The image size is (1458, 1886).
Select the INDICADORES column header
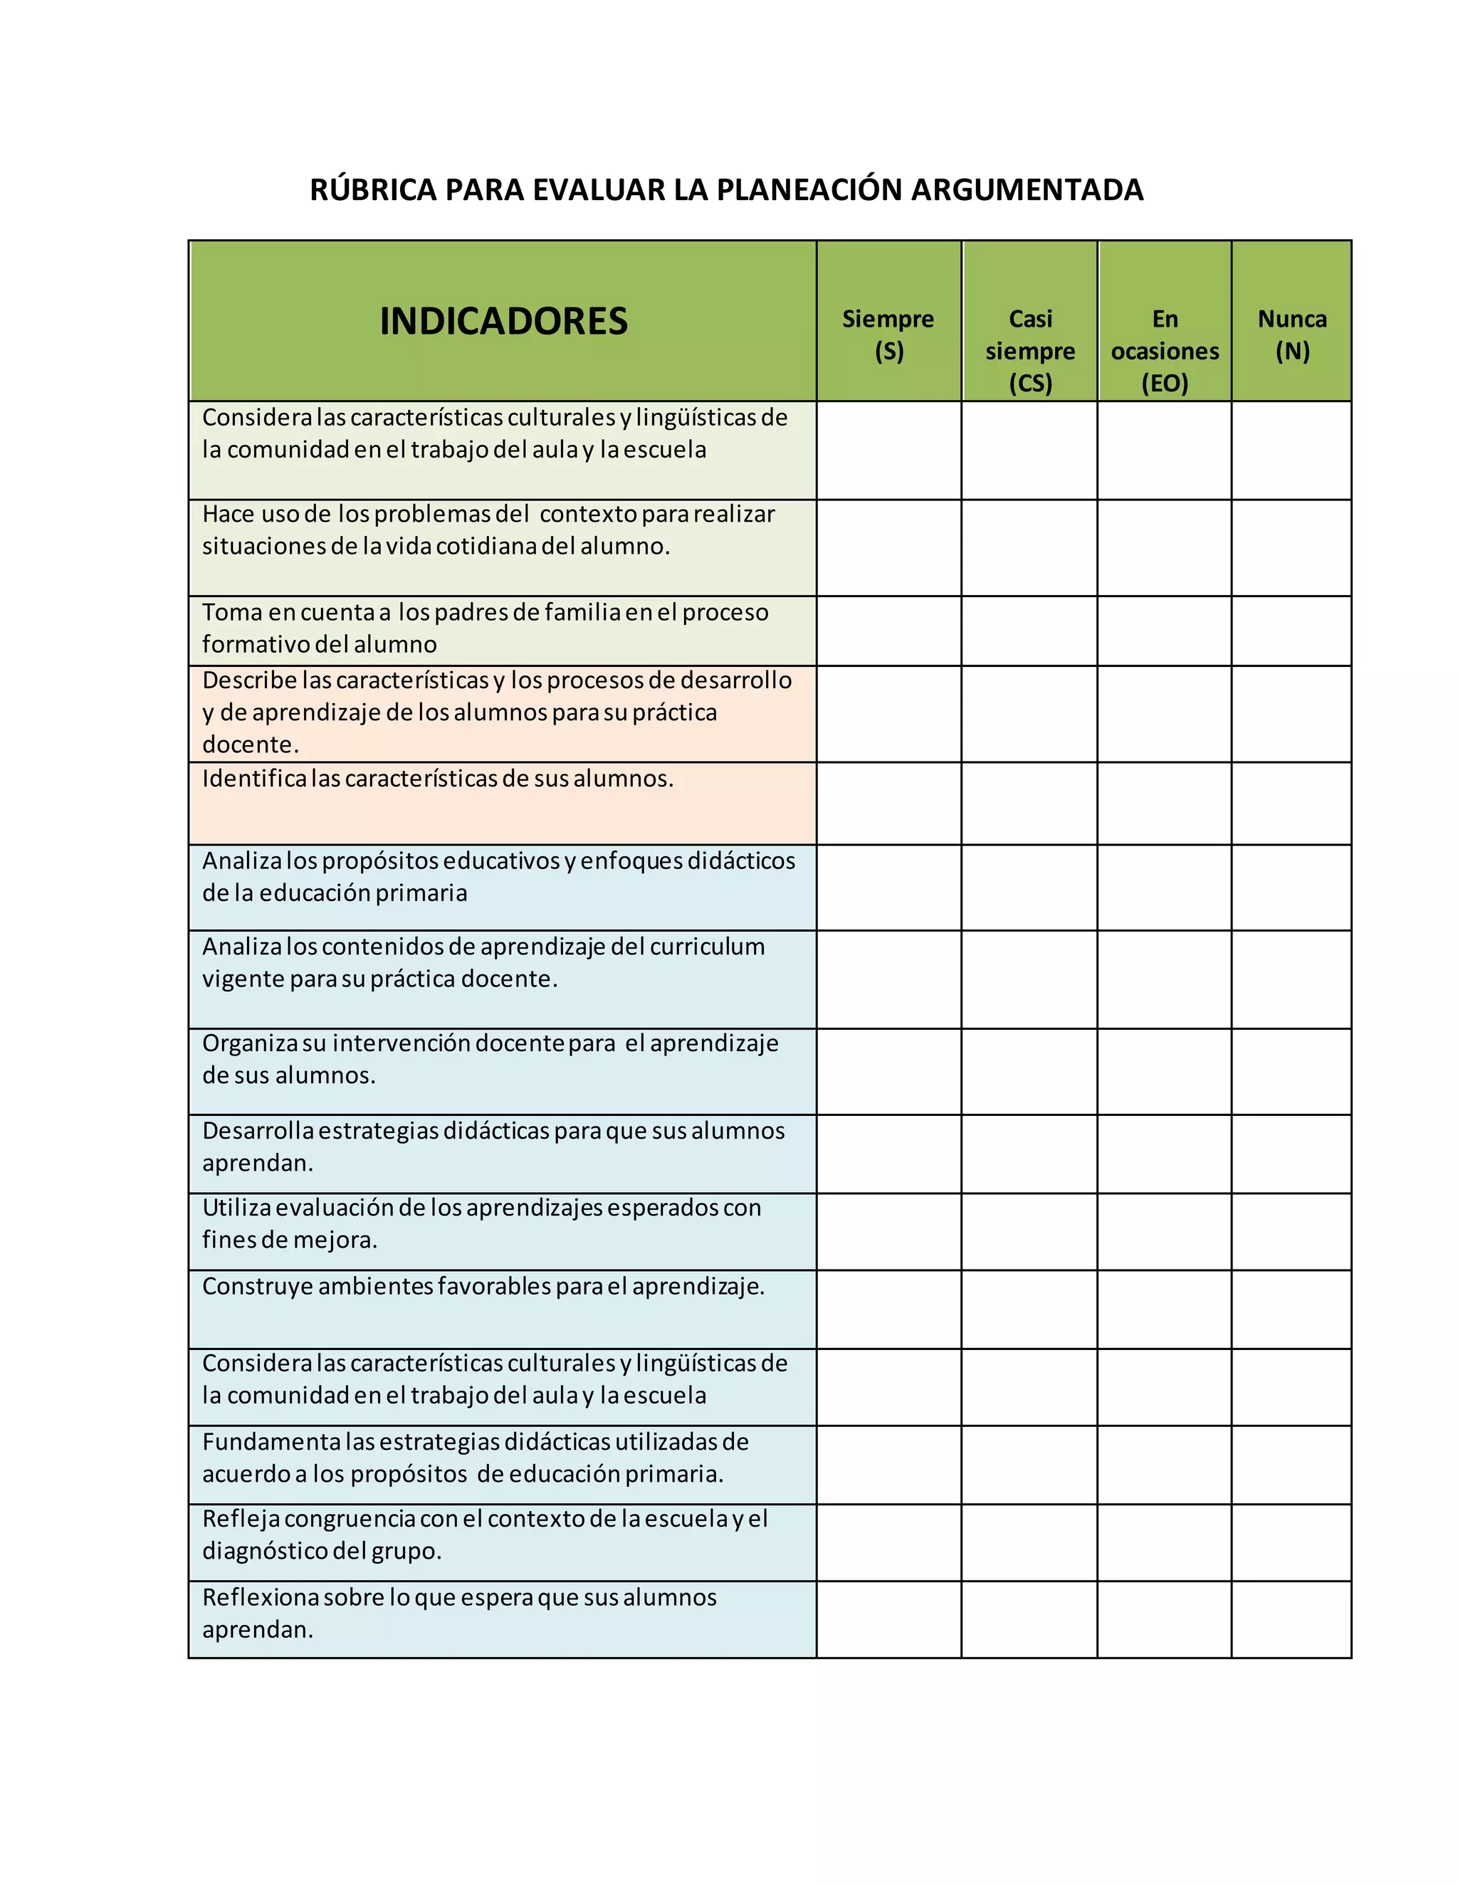pos(503,321)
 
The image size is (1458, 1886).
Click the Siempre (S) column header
pos(888,335)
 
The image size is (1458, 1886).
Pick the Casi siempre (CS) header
pos(1029,351)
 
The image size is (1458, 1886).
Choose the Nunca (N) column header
pos(1291,335)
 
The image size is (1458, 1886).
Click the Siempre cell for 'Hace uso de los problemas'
pos(888,547)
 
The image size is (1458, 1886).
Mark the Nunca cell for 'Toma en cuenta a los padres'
pos(1291,631)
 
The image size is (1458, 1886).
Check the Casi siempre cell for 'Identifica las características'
pos(1029,803)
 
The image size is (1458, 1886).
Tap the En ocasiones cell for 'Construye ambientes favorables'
pos(1164,1309)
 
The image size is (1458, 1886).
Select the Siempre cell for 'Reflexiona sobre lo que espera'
pos(888,1619)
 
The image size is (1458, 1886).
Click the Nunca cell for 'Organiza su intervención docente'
pos(1291,1071)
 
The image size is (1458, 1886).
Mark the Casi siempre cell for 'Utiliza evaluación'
pos(1029,1231)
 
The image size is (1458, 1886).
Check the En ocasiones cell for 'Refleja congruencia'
pos(1164,1542)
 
